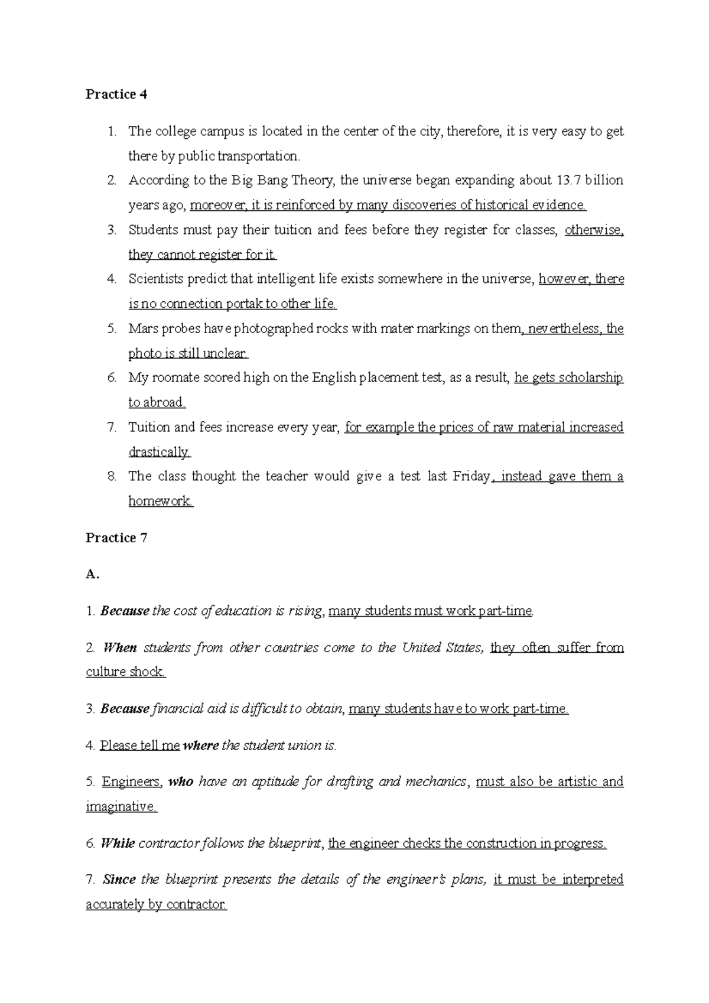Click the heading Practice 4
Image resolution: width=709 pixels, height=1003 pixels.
(116, 95)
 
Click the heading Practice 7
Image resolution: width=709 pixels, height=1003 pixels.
(116, 538)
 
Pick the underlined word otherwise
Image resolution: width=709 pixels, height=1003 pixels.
(594, 230)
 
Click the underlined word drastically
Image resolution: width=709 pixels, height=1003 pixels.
(159, 452)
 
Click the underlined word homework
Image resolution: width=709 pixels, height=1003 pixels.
(160, 501)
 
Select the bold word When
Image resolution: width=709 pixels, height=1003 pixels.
(120, 647)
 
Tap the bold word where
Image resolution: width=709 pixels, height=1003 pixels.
(201, 745)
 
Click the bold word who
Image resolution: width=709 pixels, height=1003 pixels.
(181, 781)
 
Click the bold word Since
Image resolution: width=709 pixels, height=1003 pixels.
(119, 880)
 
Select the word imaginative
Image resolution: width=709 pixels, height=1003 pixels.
(121, 806)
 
